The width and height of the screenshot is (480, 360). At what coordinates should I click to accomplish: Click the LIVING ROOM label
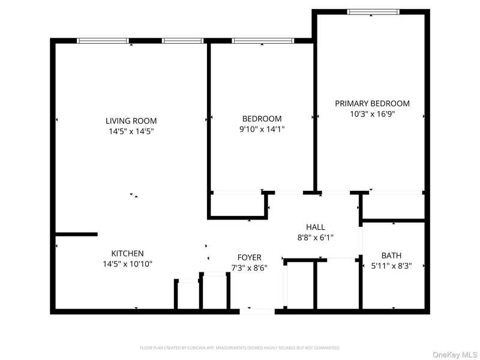click(x=131, y=121)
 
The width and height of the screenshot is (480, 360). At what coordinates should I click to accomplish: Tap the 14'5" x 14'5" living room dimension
click(x=131, y=131)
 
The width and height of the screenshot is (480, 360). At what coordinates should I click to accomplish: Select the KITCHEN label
click(x=127, y=253)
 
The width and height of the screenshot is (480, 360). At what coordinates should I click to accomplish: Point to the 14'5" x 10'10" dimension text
click(x=127, y=264)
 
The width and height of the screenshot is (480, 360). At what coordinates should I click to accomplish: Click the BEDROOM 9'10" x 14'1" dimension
click(x=262, y=129)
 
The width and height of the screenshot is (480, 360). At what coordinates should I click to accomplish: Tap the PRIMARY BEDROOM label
click(x=372, y=103)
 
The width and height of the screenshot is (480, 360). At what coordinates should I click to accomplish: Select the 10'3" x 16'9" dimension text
click(x=372, y=114)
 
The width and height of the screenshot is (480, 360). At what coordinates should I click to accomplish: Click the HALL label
click(x=316, y=227)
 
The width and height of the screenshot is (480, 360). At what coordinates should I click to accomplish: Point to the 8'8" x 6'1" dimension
click(x=316, y=237)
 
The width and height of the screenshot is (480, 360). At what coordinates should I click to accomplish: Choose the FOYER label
click(x=249, y=257)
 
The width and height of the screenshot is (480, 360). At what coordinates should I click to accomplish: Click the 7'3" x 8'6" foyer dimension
click(x=249, y=268)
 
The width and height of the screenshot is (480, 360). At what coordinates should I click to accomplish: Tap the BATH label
click(x=391, y=256)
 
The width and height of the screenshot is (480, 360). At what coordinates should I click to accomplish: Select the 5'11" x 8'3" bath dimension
click(x=391, y=266)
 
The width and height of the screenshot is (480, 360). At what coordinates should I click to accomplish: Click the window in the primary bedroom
click(x=373, y=12)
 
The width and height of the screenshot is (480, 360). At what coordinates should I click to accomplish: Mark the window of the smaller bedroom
click(x=263, y=41)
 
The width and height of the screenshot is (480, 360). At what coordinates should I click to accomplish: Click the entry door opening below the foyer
click(x=257, y=311)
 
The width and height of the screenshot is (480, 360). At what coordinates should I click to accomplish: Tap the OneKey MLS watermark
click(x=455, y=355)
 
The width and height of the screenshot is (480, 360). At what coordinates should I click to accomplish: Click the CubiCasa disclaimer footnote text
click(x=239, y=348)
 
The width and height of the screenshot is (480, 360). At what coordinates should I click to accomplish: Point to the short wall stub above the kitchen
click(x=77, y=234)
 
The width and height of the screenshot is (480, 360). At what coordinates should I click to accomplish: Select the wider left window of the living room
click(x=103, y=41)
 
